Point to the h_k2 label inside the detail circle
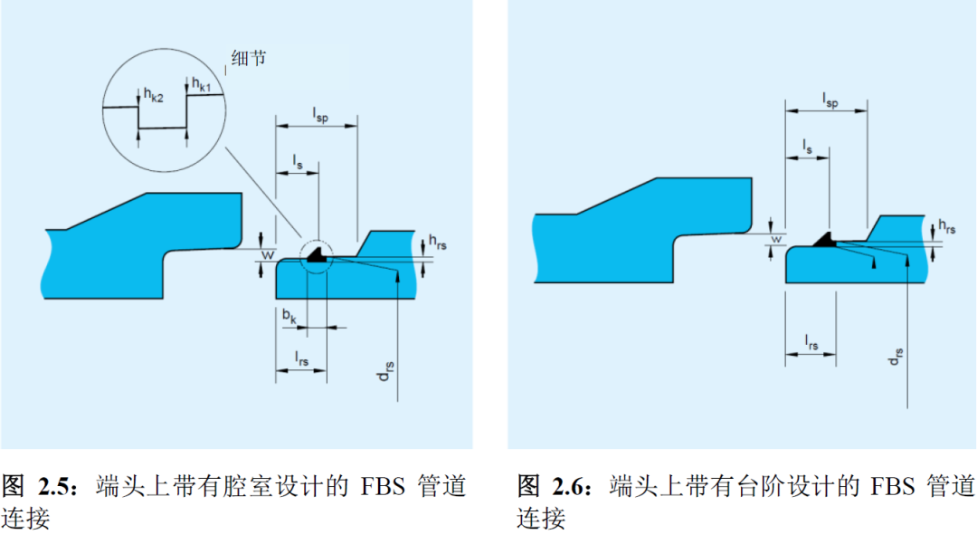pyautogui.click(x=151, y=94)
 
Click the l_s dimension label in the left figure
pyautogui.click(x=298, y=160)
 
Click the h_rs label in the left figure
pyautogui.click(x=436, y=242)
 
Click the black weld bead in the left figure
pyautogui.click(x=316, y=257)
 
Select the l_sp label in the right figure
pyautogui.click(x=830, y=99)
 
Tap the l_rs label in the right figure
pyautogui.click(x=811, y=341)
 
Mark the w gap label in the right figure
pyautogui.click(x=775, y=240)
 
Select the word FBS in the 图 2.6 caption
pyautogui.click(x=892, y=486)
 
